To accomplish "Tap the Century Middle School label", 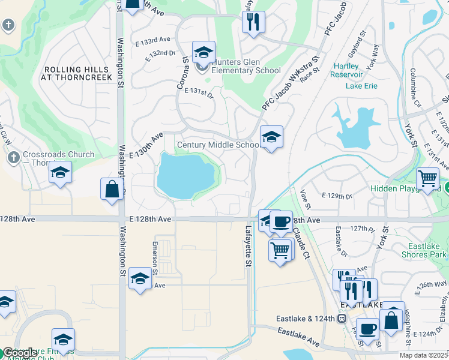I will tap(218, 145).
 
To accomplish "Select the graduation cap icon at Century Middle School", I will tap(271, 137).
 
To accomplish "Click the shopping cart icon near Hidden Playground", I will tap(427, 179).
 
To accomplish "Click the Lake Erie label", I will tap(361, 86).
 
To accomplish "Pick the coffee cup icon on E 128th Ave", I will tap(281, 221).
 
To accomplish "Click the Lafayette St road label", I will tap(248, 247).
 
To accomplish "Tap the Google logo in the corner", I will tap(20, 353).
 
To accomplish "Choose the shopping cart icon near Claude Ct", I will tap(280, 249).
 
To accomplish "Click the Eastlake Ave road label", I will tap(298, 336).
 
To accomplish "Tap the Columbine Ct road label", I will tap(414, 83).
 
